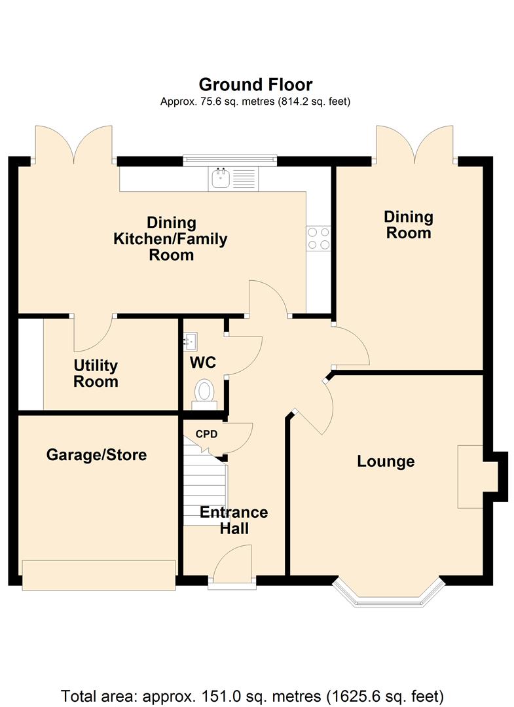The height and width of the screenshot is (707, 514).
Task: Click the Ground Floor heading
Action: coord(255,84)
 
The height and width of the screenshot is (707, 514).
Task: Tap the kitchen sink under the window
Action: coord(233,179)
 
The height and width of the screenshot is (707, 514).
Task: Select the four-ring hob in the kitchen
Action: coord(318,238)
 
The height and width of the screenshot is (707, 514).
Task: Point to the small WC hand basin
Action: coord(191,341)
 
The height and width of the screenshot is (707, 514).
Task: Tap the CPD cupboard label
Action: coord(206,434)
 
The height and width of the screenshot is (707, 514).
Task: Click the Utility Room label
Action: coord(96,373)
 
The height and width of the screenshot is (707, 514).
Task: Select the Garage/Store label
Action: coord(96,454)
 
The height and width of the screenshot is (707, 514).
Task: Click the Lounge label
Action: coord(386,462)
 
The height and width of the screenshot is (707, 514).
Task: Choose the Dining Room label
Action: coord(409,225)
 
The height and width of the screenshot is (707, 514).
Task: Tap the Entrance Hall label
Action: coord(234,520)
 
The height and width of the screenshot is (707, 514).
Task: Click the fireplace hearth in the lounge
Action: coord(471,477)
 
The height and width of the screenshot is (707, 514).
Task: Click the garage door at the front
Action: coord(99,575)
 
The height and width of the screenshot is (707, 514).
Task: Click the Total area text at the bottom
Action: coord(252,696)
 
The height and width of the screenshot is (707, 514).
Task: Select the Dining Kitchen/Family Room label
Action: coord(170,238)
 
